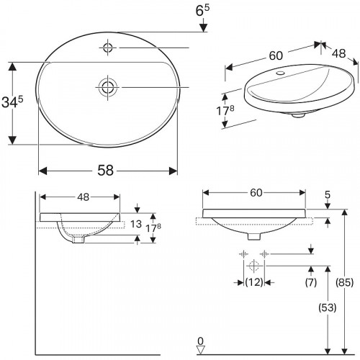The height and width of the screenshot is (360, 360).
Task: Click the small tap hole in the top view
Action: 108,48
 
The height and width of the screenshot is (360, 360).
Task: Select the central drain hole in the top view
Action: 107,87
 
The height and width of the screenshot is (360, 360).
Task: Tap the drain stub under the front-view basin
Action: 253,236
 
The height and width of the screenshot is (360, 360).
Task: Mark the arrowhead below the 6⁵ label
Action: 203,27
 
